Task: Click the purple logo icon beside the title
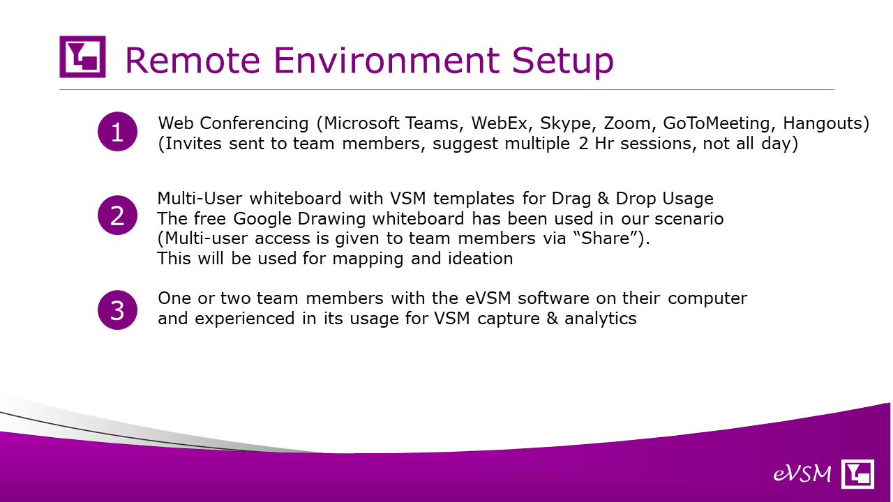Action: point(82,56)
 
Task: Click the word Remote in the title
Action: point(193,61)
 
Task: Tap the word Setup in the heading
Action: point(562,62)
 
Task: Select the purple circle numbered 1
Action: point(117,132)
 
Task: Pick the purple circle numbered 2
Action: point(117,215)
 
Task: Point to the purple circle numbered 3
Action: point(117,310)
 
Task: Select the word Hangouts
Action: point(822,123)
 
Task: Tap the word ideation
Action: point(481,258)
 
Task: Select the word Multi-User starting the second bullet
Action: point(200,199)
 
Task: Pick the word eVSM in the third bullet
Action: point(488,298)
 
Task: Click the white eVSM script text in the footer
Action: point(802,474)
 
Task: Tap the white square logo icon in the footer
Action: point(857,473)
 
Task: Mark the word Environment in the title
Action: point(387,61)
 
